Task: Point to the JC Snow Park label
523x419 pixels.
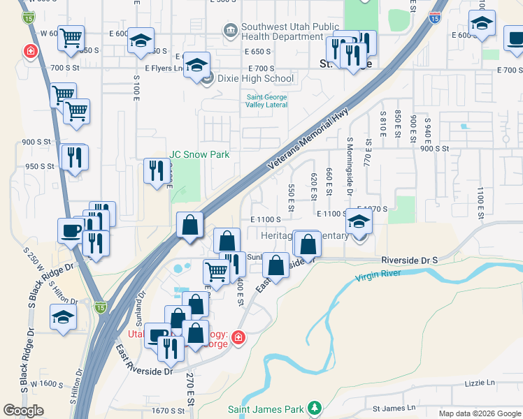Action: point(199,154)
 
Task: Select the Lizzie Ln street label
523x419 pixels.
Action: point(480,383)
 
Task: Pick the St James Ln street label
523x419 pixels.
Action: point(394,407)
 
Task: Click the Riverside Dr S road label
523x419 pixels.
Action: point(409,260)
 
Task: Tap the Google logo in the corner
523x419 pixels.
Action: point(24,411)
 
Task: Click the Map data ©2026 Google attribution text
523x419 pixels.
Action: point(479,413)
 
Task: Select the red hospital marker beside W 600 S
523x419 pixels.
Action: point(30,51)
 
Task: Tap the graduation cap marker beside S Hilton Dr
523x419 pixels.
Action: point(64,318)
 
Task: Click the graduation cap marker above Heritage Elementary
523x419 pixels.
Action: point(359,221)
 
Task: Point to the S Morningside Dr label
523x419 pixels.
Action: point(350,166)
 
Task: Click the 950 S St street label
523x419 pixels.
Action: point(40,166)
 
